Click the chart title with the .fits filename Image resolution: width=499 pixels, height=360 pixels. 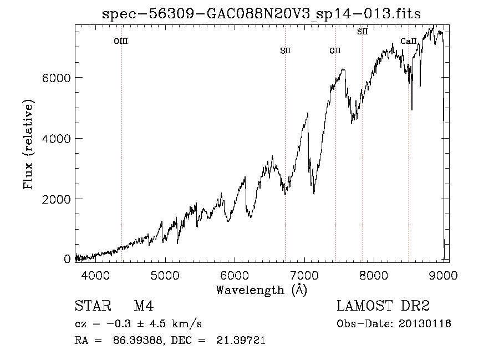click(x=261, y=14)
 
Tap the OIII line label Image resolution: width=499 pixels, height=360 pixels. click(x=121, y=42)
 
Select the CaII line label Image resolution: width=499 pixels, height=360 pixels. click(x=408, y=41)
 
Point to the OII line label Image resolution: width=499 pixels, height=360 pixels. click(x=335, y=51)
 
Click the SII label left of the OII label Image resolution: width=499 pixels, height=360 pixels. click(x=286, y=51)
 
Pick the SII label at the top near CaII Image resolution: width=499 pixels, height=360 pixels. click(x=363, y=32)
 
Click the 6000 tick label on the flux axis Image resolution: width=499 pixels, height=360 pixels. click(x=57, y=78)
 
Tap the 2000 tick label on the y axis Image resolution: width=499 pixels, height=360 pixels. click(x=57, y=200)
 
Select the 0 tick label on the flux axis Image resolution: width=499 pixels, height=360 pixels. click(x=67, y=259)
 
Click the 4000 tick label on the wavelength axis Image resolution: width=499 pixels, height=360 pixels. click(x=95, y=275)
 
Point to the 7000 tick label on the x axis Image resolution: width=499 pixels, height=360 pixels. click(x=304, y=275)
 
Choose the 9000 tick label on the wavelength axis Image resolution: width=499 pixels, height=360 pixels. click(x=444, y=275)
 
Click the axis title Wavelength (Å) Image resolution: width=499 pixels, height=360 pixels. click(x=262, y=290)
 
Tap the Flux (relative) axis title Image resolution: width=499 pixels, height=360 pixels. click(x=28, y=144)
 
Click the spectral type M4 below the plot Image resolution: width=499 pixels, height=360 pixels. click(x=144, y=306)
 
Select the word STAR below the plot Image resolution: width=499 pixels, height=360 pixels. click(x=93, y=306)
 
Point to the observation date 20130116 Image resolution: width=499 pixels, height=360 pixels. click(x=425, y=324)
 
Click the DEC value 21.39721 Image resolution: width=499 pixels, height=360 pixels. click(x=241, y=341)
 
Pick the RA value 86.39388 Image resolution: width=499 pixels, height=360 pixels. click(x=139, y=341)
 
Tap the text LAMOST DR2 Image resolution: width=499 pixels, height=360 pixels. click(x=383, y=306)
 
